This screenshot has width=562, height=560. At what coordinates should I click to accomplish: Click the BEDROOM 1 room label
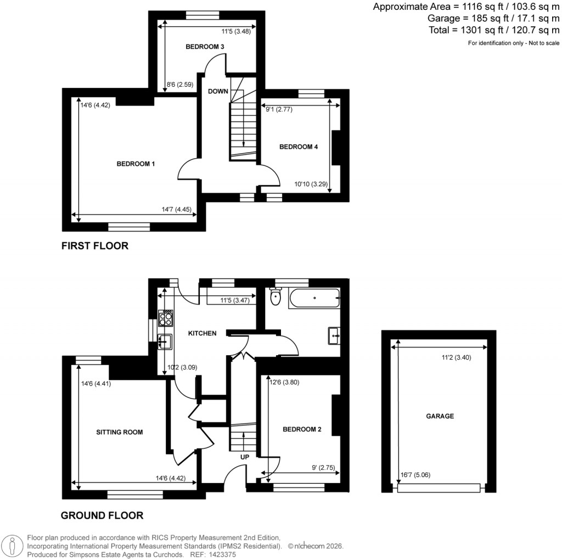[x=135, y=164]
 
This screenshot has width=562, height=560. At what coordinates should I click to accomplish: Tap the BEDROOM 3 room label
[x=205, y=47]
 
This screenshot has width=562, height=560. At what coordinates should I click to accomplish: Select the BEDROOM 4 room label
[x=299, y=147]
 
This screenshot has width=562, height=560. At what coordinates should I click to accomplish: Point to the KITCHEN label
[x=203, y=333]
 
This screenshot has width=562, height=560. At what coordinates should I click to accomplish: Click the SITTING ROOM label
[x=120, y=432]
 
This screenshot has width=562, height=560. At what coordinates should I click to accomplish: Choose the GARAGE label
[x=440, y=416]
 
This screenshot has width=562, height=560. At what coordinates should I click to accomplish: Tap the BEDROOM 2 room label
[x=302, y=429]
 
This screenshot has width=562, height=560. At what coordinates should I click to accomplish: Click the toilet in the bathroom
[x=276, y=298]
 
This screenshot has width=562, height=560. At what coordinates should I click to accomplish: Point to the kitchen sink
[x=165, y=341]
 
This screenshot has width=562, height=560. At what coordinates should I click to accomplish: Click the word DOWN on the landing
[x=218, y=91]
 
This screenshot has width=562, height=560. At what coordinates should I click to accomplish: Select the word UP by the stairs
[x=244, y=456]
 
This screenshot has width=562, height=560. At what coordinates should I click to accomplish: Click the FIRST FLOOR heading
[x=94, y=246]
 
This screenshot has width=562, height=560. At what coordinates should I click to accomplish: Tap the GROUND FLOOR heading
[x=102, y=516]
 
